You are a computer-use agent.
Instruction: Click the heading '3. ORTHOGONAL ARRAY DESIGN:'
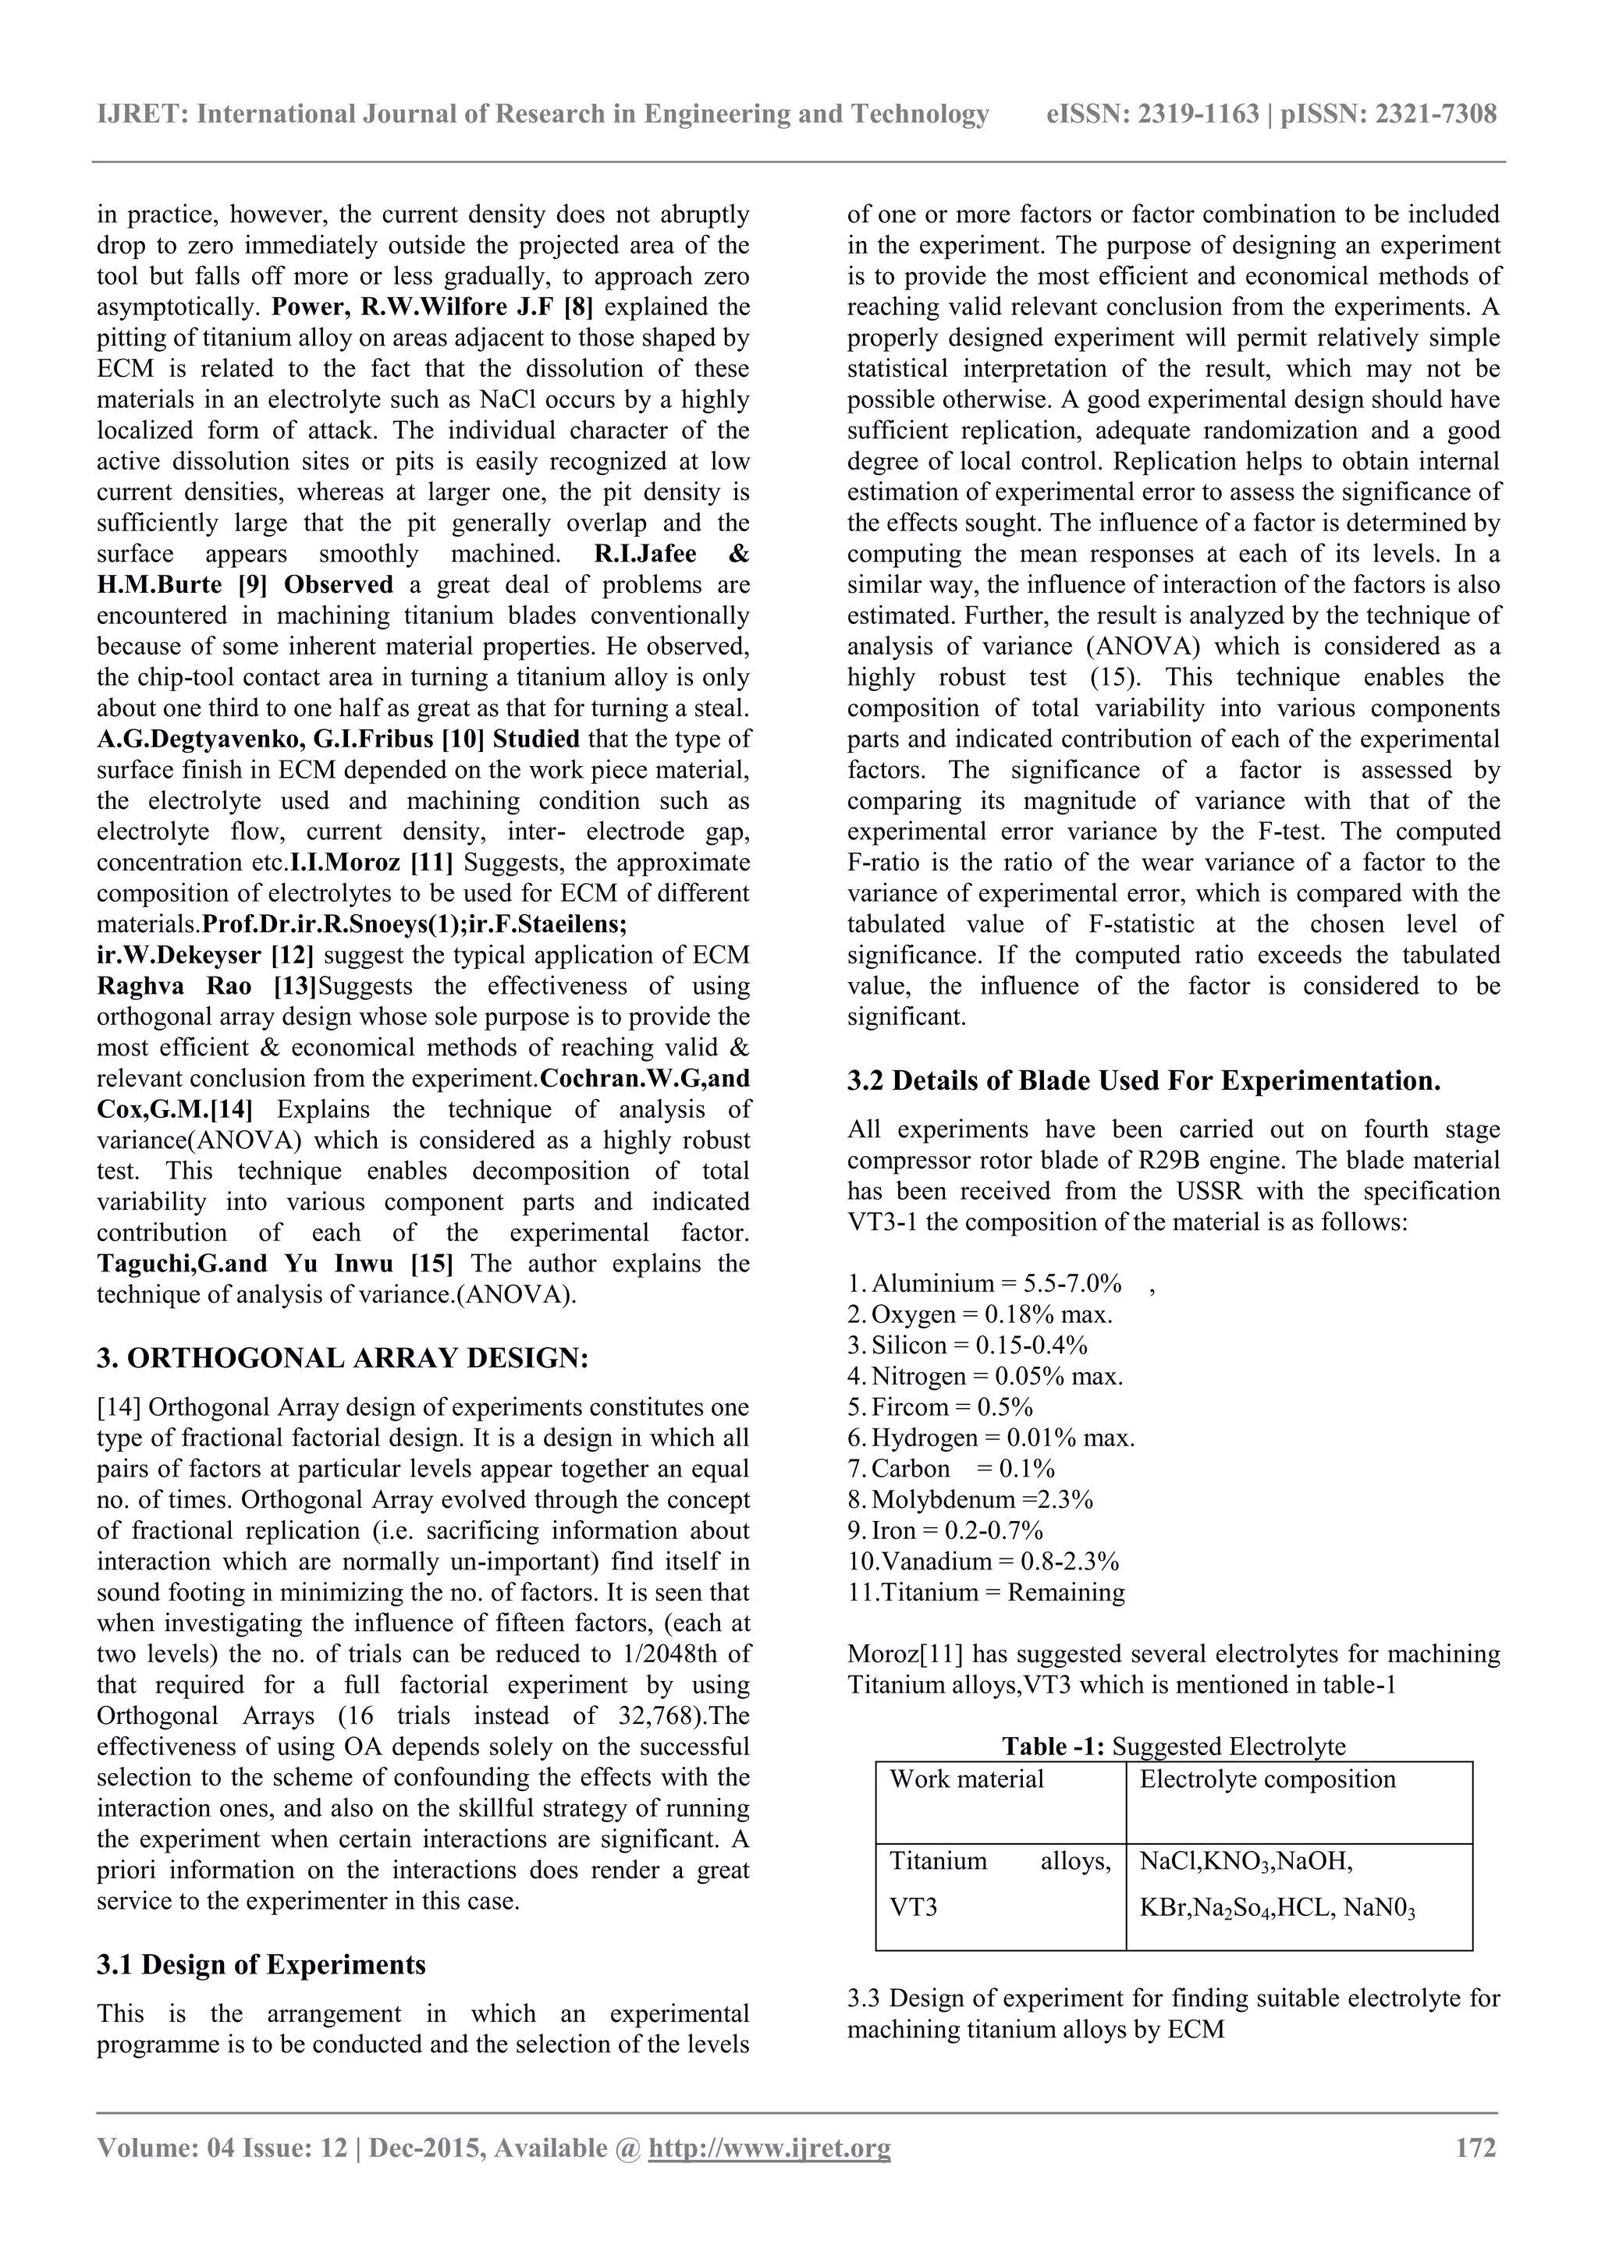point(343,1359)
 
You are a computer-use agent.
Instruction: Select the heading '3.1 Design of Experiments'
point(261,1965)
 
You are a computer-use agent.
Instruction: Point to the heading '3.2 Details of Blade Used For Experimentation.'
point(1143,1081)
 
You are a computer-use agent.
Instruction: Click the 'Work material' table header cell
point(966,1778)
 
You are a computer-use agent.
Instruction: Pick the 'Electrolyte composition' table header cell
point(1267,1778)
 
